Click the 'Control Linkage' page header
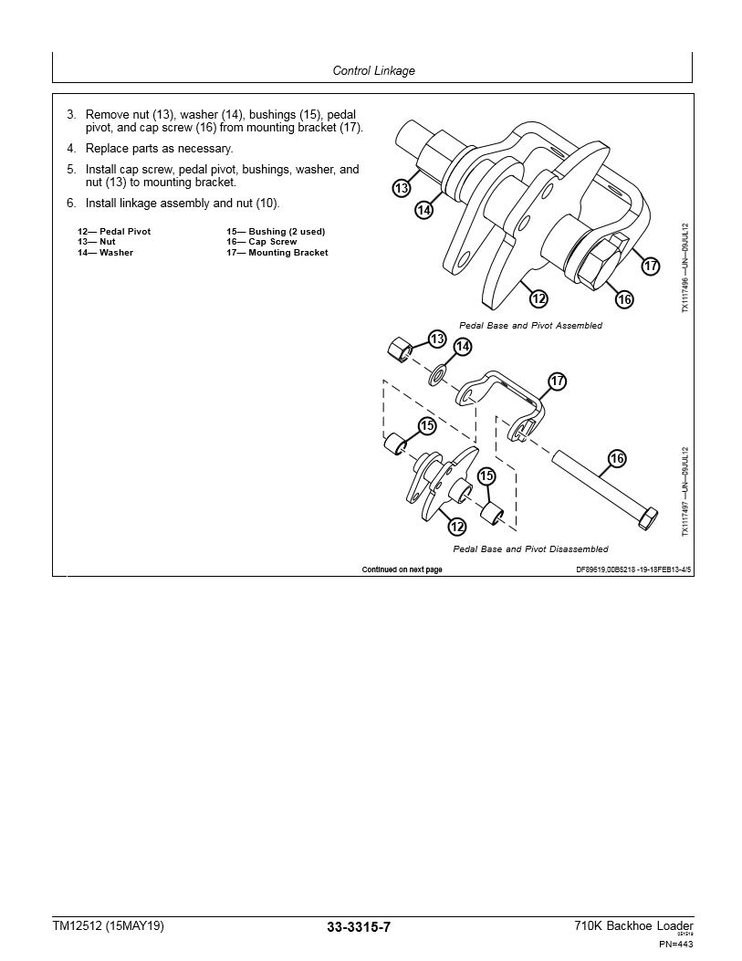(x=373, y=70)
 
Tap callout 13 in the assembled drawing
(x=402, y=189)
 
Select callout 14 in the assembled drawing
(x=423, y=210)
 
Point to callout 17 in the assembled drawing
(x=650, y=266)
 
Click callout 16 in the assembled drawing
(x=624, y=298)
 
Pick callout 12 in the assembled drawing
(x=538, y=298)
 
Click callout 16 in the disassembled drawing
(x=617, y=458)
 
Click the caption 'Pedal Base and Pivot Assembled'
(x=530, y=326)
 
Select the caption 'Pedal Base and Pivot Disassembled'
(x=530, y=549)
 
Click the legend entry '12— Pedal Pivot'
(x=114, y=232)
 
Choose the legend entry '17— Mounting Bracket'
(x=277, y=253)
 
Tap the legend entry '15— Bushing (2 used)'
(x=276, y=232)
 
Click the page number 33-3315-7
(x=359, y=927)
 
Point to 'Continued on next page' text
(x=402, y=569)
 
